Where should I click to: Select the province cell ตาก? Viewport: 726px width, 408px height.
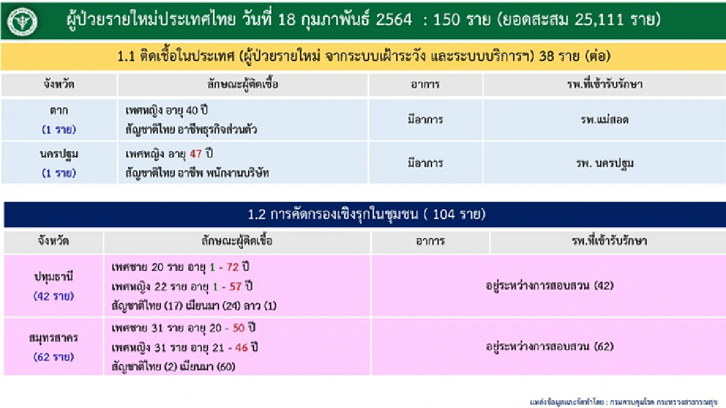coord(59,111)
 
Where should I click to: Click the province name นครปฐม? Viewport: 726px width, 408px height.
coord(59,154)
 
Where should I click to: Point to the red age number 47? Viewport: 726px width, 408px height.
coord(195,154)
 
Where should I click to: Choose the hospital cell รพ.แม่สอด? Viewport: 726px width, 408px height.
coord(603,120)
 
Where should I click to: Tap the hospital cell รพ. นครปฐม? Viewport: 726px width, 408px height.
coord(603,163)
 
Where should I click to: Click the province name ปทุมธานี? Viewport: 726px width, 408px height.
coord(54,277)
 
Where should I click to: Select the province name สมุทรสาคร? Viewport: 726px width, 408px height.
coord(54,338)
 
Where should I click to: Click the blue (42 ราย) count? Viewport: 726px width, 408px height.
coord(54,296)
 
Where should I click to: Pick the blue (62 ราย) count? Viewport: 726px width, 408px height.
coord(54,357)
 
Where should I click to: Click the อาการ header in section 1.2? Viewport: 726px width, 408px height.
coord(430,242)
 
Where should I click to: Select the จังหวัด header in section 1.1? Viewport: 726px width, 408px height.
coord(59,85)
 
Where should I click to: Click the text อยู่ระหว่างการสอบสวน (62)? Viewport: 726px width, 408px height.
coord(549,347)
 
